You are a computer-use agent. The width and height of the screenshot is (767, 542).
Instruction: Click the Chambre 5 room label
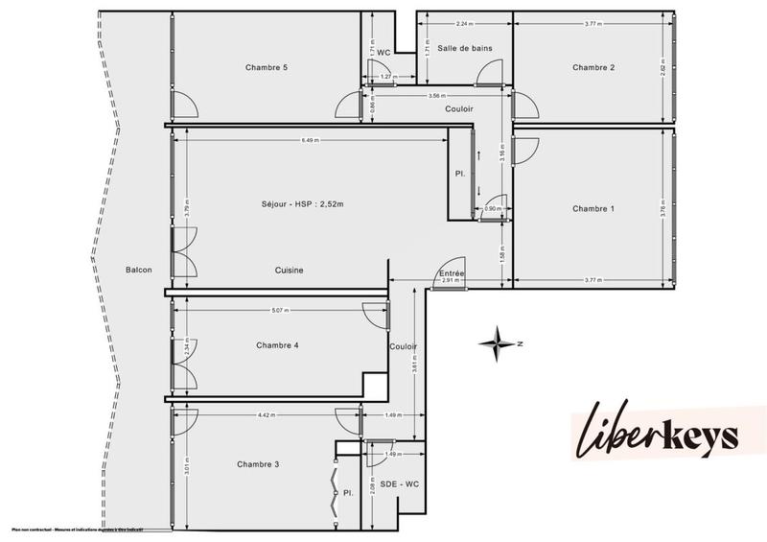click(266, 67)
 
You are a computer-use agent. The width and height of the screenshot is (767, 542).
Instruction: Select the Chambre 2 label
click(593, 67)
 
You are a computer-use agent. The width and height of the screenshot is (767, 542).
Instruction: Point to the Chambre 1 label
click(593, 208)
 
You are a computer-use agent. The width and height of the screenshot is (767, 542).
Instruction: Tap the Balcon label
click(139, 271)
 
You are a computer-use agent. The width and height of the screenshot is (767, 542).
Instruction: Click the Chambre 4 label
click(278, 345)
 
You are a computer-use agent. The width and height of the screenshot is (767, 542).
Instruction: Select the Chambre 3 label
click(258, 464)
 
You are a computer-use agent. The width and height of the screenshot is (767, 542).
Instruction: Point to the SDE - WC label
click(399, 484)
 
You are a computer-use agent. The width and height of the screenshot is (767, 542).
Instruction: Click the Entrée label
click(452, 273)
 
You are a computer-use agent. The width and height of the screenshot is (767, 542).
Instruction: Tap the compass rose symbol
click(498, 342)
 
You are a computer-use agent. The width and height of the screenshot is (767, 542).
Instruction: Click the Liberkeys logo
click(656, 436)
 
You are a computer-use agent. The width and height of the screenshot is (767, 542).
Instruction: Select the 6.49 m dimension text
click(310, 141)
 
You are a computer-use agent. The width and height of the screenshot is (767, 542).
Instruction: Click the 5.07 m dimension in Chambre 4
click(282, 310)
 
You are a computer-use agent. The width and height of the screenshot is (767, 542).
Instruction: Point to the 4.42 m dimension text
click(266, 415)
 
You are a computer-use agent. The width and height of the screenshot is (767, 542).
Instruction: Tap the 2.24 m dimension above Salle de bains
click(463, 23)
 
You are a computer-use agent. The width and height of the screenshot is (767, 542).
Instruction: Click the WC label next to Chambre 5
click(383, 52)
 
